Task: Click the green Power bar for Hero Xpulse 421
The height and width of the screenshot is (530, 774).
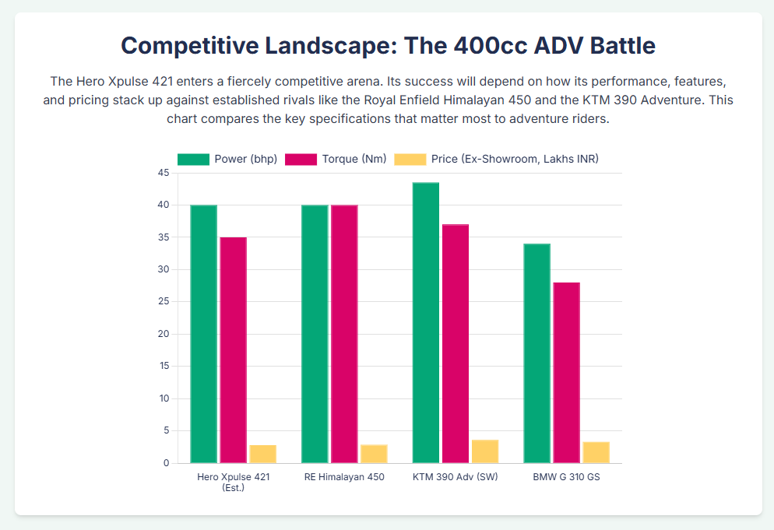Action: (x=203, y=334)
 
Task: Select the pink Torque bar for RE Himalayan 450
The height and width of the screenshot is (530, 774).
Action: (x=344, y=334)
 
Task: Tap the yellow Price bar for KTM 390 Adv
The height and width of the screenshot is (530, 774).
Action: (x=484, y=451)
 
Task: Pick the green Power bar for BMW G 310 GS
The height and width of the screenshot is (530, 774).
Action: (x=537, y=353)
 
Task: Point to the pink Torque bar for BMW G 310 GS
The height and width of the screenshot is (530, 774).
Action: (x=566, y=373)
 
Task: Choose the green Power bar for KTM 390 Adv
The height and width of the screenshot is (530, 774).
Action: (x=426, y=323)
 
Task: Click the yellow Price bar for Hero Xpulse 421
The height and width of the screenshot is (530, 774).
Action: (x=262, y=454)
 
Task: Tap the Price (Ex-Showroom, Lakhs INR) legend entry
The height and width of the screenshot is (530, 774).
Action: (x=497, y=159)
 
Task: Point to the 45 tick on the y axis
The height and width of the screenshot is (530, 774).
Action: (x=164, y=173)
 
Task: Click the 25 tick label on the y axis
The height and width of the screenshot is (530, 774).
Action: (x=164, y=302)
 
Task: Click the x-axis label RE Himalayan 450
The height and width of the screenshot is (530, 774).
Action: (x=344, y=477)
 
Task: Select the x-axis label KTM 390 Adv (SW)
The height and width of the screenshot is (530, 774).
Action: (x=456, y=477)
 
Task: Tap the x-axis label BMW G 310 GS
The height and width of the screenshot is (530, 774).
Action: (x=566, y=477)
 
